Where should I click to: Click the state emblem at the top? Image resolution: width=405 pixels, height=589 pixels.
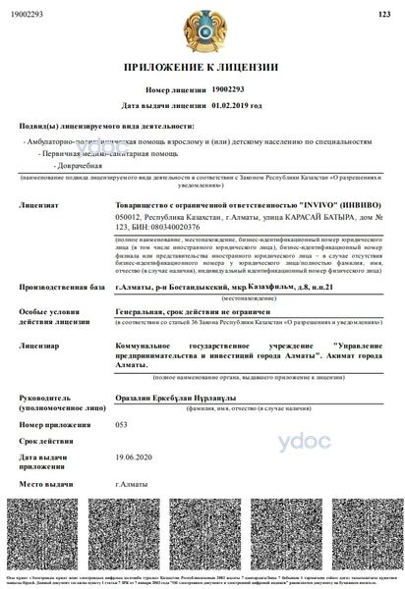point(202,30)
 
